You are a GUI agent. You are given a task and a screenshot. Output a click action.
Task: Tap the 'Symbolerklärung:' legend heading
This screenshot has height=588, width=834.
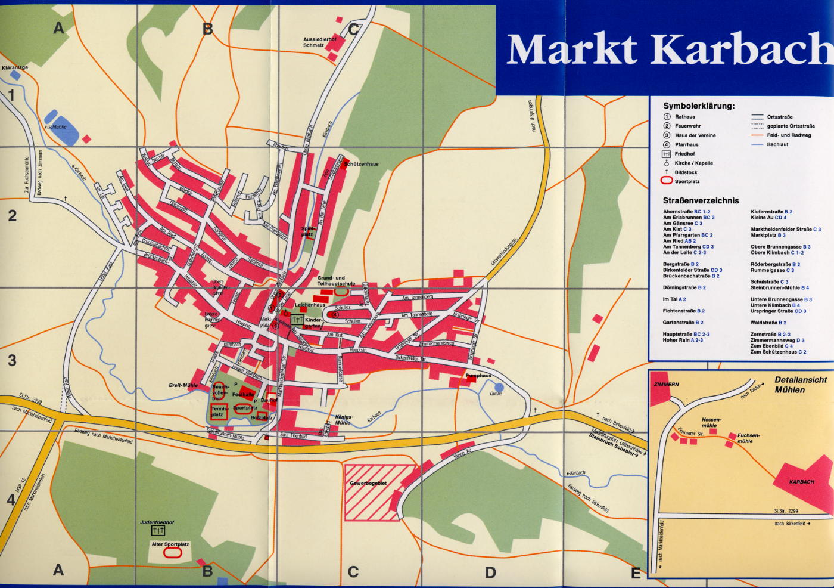coord(699,106)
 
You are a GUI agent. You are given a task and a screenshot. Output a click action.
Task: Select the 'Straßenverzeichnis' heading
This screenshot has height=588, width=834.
coord(701,200)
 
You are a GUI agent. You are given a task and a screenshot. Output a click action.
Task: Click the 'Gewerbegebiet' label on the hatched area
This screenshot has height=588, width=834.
coord(368,483)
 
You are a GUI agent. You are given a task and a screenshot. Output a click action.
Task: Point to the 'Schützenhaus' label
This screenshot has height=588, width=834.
coord(361,163)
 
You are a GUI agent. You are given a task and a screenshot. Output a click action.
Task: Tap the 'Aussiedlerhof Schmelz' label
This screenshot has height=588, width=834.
coord(319,42)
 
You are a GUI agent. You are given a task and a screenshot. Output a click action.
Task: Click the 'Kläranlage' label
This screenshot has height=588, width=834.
coord(15,67)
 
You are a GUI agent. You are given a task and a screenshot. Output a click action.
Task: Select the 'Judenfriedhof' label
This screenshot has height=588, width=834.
coord(157,522)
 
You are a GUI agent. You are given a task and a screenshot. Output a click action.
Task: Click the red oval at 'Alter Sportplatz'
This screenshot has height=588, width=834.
coord(172,553)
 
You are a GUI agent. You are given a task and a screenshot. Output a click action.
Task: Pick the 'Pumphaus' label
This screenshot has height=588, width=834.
coord(478,376)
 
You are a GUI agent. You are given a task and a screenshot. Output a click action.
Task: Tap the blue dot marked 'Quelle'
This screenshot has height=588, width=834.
coord(499,387)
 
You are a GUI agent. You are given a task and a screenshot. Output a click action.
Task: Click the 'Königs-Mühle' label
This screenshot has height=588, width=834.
coord(343,420)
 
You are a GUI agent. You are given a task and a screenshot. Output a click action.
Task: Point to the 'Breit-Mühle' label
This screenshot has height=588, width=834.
coord(183,385)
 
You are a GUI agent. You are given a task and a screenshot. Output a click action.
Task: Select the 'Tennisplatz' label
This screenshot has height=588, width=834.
coord(219,411)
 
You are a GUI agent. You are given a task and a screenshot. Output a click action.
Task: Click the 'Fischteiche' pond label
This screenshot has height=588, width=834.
coord(55,126)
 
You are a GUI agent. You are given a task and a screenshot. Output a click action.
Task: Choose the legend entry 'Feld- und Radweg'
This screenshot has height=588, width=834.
coord(789,135)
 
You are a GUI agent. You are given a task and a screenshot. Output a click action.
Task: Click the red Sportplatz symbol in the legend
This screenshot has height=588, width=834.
coord(666,180)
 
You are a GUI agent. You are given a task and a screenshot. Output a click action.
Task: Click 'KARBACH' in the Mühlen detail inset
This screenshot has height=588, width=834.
coord(801,482)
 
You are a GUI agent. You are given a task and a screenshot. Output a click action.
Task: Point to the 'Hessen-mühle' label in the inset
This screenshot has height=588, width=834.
coord(711,422)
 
